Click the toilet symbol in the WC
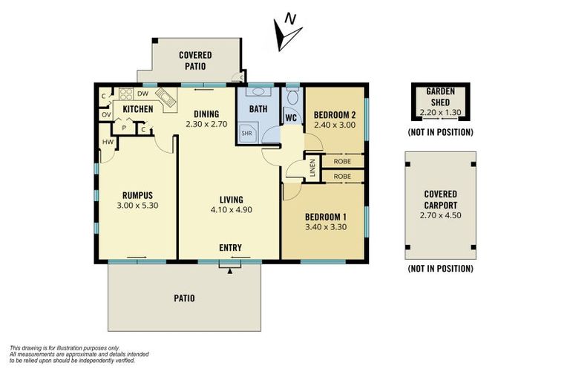[x=292, y=97]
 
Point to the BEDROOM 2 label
[x=335, y=115]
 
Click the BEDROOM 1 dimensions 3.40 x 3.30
[x=327, y=229]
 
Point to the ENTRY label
[x=230, y=247]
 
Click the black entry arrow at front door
[x=230, y=270]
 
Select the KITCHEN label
[x=138, y=110]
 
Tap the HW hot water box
[x=108, y=142]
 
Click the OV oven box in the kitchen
[x=106, y=115]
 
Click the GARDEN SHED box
[x=440, y=102]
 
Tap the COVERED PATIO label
[x=194, y=60]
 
